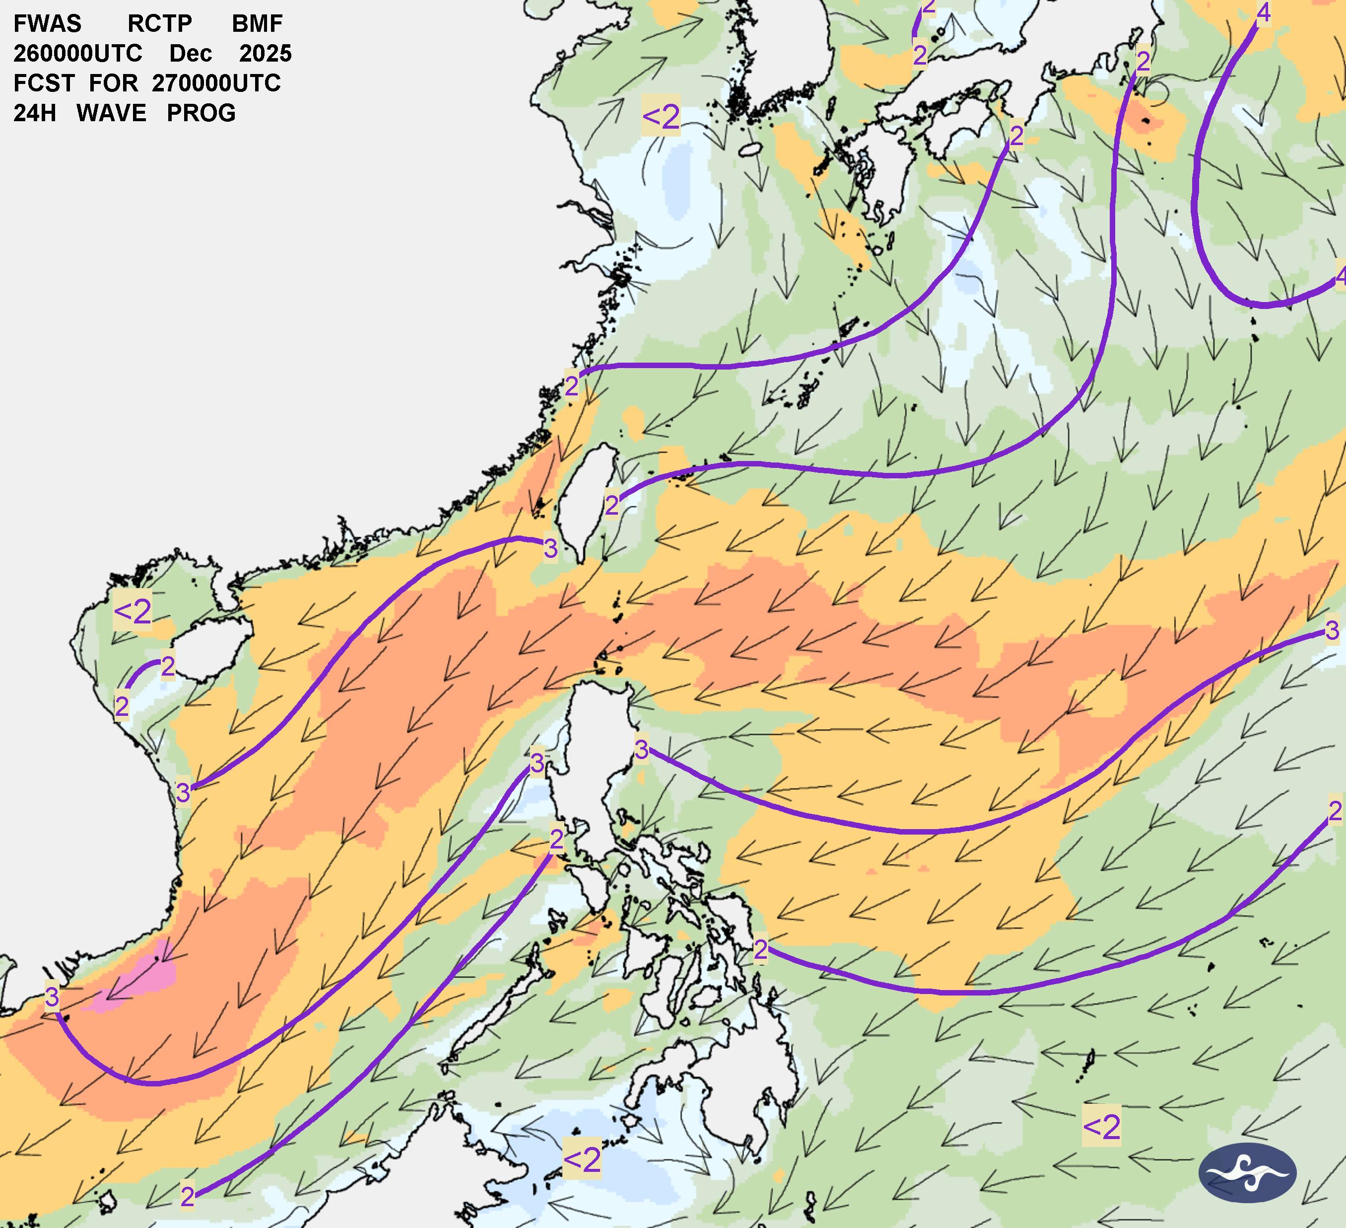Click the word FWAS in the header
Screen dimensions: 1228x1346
[48, 24]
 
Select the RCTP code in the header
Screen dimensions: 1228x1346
[160, 24]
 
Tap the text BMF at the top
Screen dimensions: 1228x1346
[257, 24]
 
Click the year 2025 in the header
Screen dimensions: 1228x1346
[265, 54]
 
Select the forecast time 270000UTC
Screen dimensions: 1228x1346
[216, 83]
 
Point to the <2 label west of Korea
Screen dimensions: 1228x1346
[661, 116]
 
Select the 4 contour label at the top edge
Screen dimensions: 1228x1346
[1263, 13]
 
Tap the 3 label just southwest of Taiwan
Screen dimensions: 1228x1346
[550, 548]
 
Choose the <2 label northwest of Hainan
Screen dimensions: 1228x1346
[132, 611]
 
